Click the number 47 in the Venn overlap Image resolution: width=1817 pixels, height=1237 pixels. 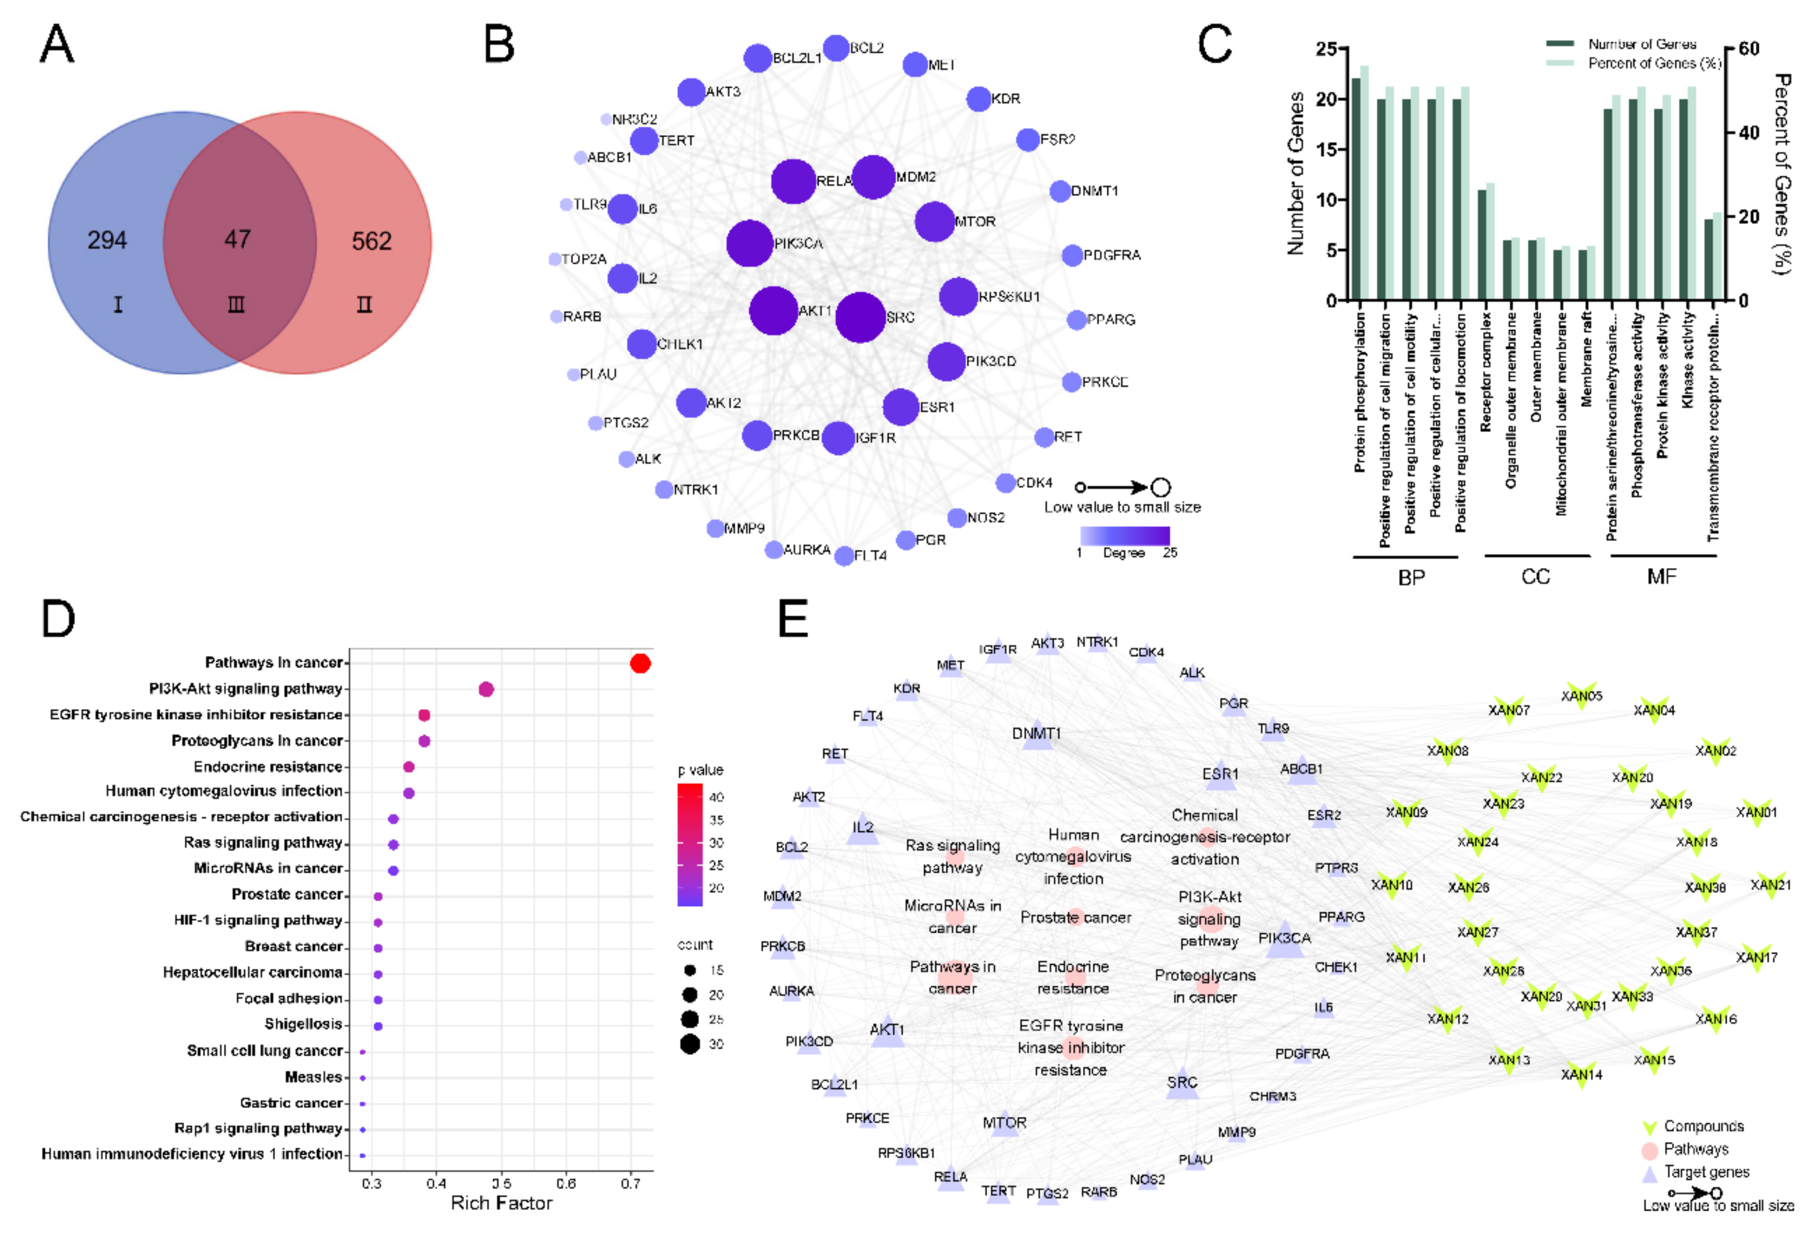(x=238, y=239)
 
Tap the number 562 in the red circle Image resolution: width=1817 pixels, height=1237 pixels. (x=372, y=241)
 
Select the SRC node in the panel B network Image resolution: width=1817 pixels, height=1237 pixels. (x=860, y=318)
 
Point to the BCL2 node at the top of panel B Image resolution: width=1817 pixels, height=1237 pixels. (x=836, y=48)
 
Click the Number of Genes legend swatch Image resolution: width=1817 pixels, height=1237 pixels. (x=1560, y=44)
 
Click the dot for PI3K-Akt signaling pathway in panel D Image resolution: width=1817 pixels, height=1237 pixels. (x=486, y=689)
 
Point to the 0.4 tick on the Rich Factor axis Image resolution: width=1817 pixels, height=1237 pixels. (x=436, y=1183)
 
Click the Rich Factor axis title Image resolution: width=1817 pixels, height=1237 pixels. (x=501, y=1203)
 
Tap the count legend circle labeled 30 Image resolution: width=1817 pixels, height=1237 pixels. (x=689, y=1044)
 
